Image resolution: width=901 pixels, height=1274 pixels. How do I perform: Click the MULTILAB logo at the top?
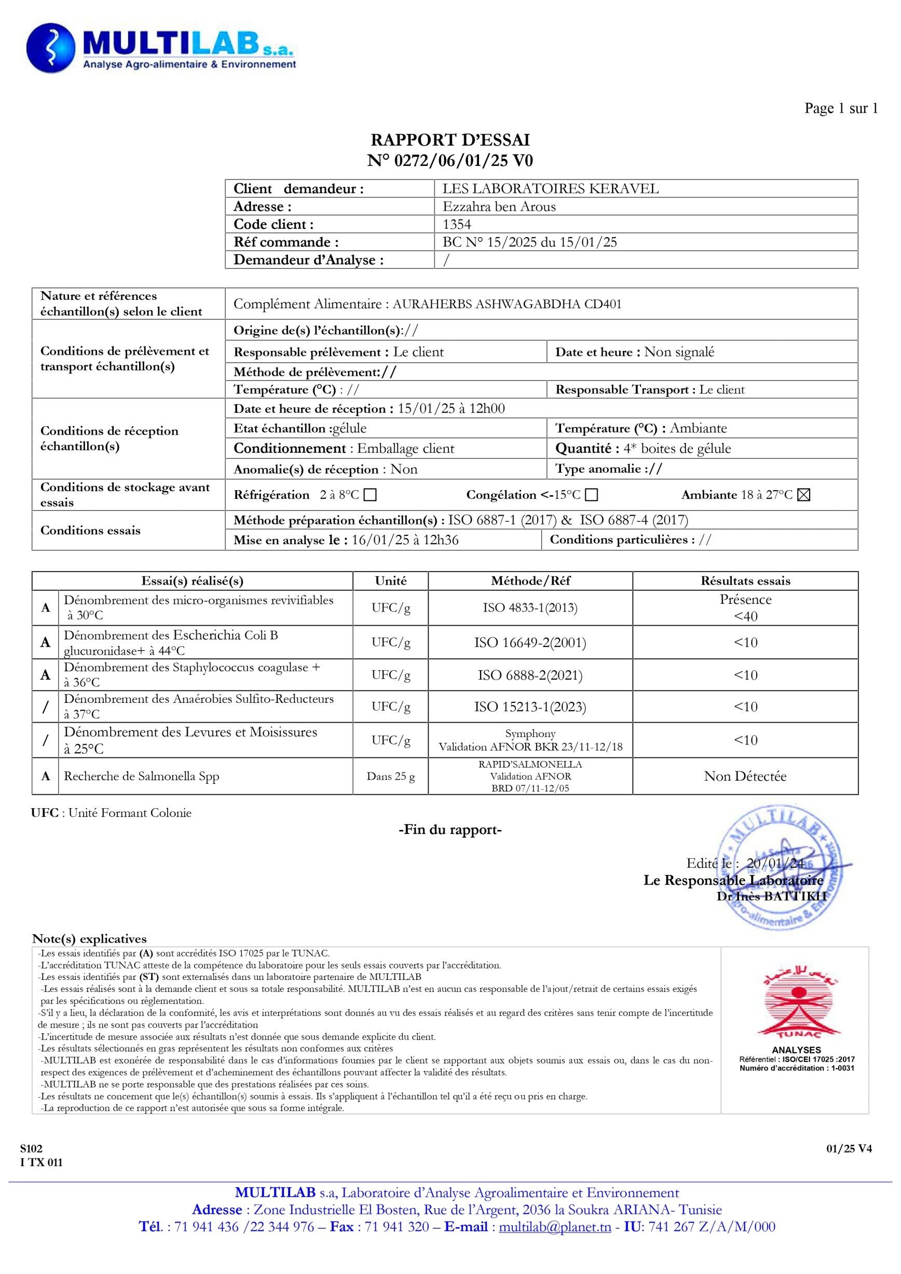[161, 49]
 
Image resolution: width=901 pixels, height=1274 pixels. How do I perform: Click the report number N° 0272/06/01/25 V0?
[449, 161]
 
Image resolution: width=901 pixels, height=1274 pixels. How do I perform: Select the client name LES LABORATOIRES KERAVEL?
[550, 189]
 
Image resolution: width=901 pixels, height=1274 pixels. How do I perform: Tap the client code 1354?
[457, 224]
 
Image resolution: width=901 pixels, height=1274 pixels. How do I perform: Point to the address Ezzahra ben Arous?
[499, 206]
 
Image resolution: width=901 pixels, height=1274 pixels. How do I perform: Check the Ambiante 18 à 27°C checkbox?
[803, 495]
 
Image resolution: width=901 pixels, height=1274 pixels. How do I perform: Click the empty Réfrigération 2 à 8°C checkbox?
[370, 495]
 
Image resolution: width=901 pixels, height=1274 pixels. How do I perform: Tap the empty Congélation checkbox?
[592, 495]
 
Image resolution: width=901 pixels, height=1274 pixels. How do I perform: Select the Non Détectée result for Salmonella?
[745, 776]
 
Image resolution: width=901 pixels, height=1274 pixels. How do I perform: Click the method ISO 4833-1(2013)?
[529, 608]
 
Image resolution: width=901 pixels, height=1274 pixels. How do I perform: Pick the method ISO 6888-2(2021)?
[529, 675]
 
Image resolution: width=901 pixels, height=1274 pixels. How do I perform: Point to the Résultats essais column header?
[745, 581]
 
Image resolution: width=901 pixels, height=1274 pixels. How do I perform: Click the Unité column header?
[390, 581]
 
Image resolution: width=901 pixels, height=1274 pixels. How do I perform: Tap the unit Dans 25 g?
[390, 776]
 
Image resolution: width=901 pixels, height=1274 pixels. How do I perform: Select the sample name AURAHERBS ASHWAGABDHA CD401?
[507, 304]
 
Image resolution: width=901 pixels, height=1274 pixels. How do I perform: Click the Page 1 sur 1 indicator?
[840, 108]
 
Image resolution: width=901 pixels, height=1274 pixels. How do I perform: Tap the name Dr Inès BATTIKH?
[771, 895]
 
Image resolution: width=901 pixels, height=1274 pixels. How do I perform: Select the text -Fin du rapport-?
[449, 830]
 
